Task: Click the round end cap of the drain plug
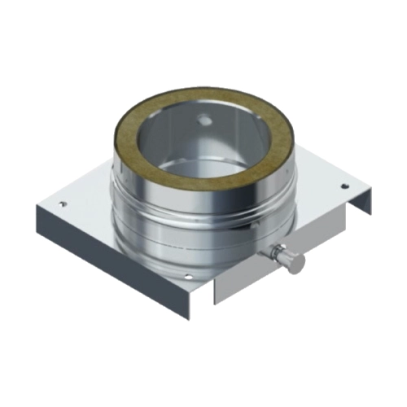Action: click(x=299, y=262)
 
